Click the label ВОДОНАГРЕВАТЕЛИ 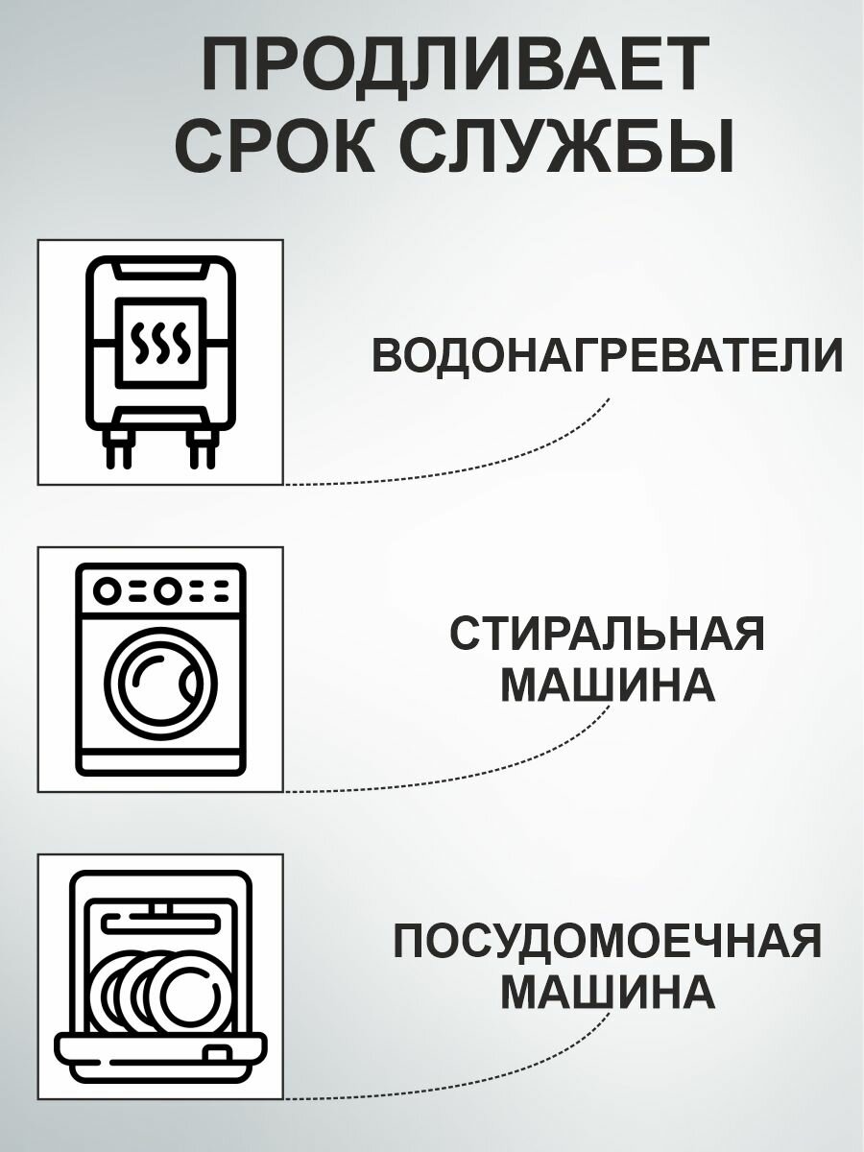pos(607,356)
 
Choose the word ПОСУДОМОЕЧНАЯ pos(608,941)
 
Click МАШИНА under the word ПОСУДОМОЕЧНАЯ pos(608,992)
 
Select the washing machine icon pos(160,668)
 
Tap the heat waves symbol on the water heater pos(159,343)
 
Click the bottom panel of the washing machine pos(160,764)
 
